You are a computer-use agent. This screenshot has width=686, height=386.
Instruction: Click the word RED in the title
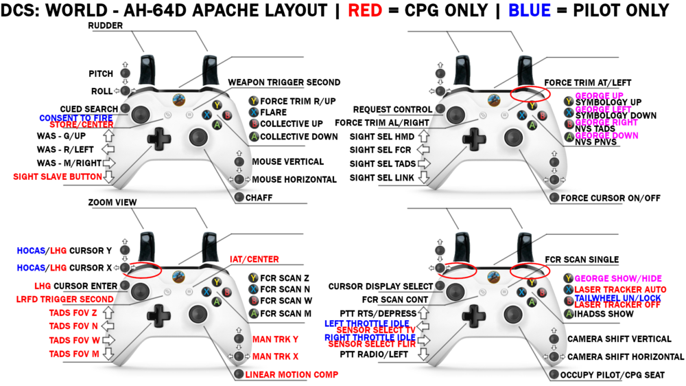click(x=366, y=10)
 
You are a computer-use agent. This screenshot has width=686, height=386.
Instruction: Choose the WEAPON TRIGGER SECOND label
click(x=284, y=82)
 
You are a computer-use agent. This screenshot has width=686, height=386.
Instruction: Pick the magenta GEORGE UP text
click(x=600, y=95)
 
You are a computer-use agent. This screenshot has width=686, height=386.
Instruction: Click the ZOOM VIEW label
click(x=113, y=203)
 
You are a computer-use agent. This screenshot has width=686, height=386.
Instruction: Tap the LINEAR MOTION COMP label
click(x=292, y=374)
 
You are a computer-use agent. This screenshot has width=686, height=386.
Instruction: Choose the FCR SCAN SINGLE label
click(x=582, y=260)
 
